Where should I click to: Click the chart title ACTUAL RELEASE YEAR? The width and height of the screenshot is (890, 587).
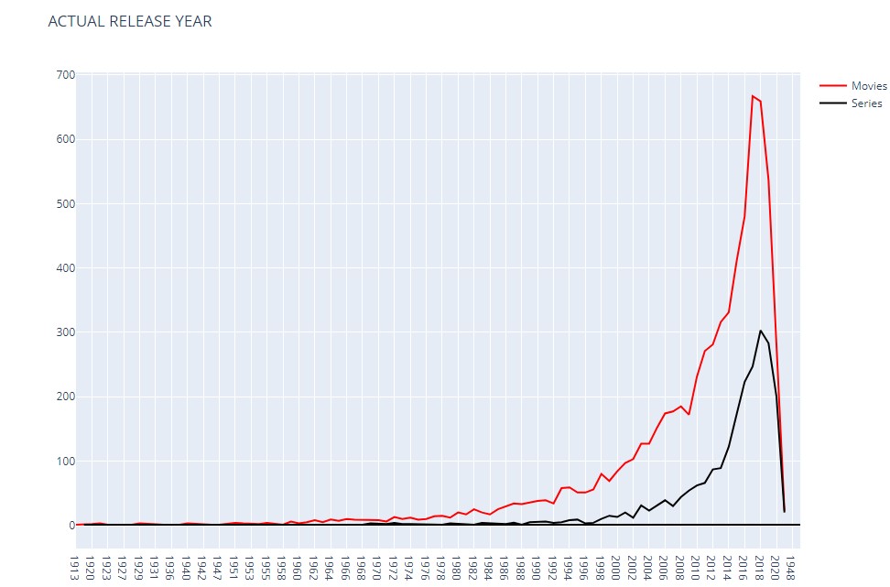pyautogui.click(x=130, y=21)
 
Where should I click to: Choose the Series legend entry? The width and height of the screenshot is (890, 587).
pyautogui.click(x=866, y=103)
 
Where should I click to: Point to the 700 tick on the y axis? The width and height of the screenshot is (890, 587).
pyautogui.click(x=64, y=74)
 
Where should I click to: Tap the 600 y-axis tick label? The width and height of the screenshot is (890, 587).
pyautogui.click(x=64, y=139)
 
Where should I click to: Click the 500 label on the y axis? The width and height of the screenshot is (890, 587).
pyautogui.click(x=64, y=203)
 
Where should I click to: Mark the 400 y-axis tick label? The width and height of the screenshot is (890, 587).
pyautogui.click(x=64, y=268)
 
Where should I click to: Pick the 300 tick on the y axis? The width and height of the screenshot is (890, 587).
pyautogui.click(x=64, y=332)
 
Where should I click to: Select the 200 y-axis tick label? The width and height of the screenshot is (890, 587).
pyautogui.click(x=64, y=397)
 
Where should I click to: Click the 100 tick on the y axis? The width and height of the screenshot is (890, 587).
pyautogui.click(x=64, y=461)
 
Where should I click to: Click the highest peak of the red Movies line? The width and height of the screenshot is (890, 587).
pyautogui.click(x=753, y=95)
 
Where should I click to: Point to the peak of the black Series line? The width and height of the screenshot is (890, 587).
pyautogui.click(x=760, y=331)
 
